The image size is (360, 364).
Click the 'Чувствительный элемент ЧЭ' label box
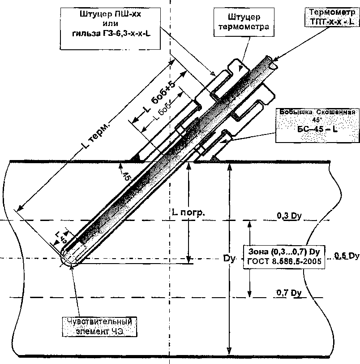[100, 326]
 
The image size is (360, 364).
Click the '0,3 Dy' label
[289, 216]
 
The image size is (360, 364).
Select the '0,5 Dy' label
[347, 256]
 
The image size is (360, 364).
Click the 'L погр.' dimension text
[188, 212]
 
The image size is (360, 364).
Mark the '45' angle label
[127, 175]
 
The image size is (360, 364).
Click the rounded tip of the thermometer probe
[69, 260]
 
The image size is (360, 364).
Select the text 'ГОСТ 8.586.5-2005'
[285, 262]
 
